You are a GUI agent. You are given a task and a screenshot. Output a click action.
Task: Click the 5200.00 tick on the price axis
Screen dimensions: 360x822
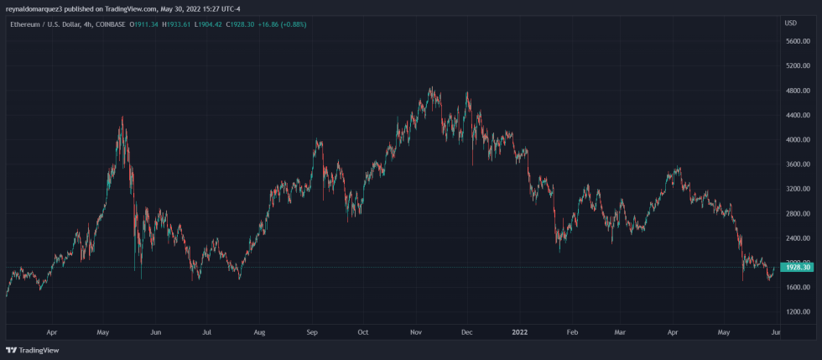796,65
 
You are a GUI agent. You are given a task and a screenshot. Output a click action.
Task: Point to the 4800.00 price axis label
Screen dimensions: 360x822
796,91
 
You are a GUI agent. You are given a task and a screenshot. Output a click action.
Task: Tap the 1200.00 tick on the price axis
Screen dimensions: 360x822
796,311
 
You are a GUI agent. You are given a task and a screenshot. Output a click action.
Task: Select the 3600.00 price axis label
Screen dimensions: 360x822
796,164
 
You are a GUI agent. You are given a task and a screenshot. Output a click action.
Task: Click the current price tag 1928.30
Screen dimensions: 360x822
795,267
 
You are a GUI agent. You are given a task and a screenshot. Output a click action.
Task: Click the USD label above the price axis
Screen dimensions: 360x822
790,23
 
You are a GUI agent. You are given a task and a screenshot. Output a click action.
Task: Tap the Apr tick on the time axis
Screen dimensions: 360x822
52,332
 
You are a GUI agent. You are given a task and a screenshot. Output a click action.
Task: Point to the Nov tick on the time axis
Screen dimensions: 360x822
415,332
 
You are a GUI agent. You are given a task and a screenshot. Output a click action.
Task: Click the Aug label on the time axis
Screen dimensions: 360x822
259,332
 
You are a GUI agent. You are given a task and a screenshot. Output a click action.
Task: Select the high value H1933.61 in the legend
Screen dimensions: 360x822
175,23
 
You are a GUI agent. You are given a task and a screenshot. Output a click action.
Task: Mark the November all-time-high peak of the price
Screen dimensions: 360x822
430,87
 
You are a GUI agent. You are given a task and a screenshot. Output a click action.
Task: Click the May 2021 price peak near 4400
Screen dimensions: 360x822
122,117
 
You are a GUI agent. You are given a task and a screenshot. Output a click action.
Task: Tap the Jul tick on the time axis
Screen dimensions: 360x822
206,332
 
